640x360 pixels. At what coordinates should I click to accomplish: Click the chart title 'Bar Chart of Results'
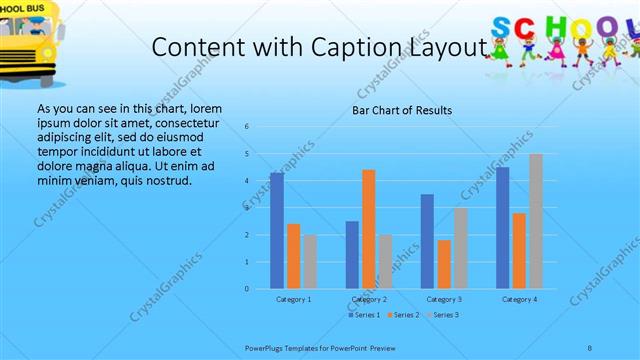point(401,110)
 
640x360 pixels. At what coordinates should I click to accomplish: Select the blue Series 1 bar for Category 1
point(277,231)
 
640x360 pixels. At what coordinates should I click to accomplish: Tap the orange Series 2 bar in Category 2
point(369,229)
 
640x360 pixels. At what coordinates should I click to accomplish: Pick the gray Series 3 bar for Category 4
point(536,221)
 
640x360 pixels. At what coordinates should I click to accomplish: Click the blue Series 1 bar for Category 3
point(428,241)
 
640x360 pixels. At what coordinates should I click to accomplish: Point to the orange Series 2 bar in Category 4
point(519,251)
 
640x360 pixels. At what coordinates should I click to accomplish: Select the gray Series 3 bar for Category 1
point(310,262)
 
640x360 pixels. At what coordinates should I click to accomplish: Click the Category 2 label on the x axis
point(370,299)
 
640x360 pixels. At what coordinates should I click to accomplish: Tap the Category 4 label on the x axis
point(519,299)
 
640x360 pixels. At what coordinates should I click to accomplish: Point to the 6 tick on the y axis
point(247,127)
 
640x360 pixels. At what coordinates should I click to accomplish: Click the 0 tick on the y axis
point(247,289)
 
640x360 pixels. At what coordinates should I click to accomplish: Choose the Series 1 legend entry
point(365,315)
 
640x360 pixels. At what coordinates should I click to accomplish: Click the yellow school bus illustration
point(28,35)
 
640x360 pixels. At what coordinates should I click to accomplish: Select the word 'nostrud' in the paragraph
point(167,180)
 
